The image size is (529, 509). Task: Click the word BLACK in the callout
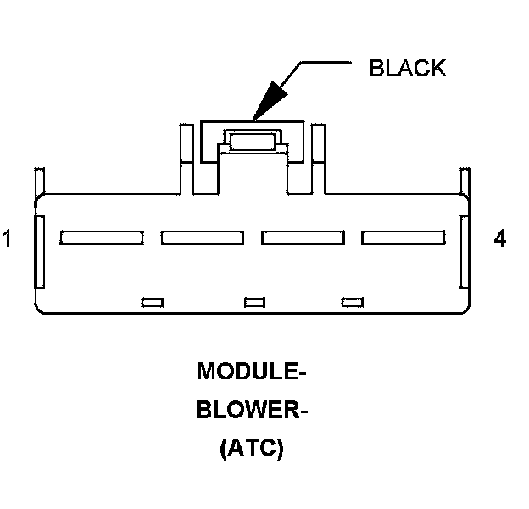(x=407, y=69)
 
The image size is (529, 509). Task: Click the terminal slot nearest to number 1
(x=101, y=238)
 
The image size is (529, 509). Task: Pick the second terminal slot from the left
(x=202, y=238)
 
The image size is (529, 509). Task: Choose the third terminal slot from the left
(x=302, y=238)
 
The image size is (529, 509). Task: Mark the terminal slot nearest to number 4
(x=402, y=238)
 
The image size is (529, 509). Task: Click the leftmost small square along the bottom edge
(x=153, y=301)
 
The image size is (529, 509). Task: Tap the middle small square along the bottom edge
(x=253, y=301)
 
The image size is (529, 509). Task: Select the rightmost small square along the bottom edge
(x=352, y=301)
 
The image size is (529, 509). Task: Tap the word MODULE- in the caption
(x=250, y=372)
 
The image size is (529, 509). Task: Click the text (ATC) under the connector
(x=251, y=450)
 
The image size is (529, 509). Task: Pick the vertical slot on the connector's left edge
(x=39, y=253)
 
